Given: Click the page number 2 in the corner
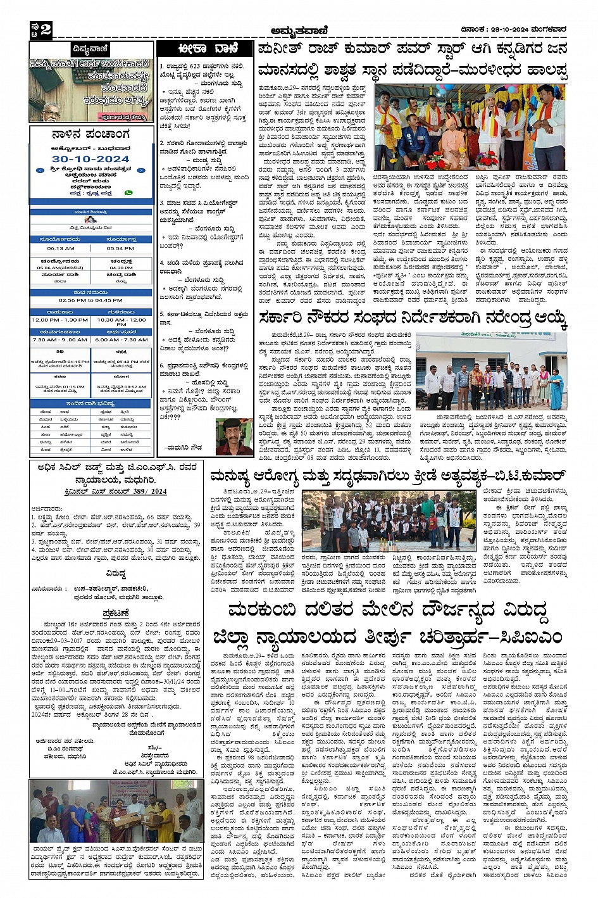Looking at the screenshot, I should (x=46, y=30).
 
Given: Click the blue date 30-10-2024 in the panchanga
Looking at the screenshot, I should (x=90, y=159).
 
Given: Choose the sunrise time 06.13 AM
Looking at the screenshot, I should (x=61, y=248).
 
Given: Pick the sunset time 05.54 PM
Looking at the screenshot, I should (x=120, y=248).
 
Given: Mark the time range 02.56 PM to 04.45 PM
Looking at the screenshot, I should (x=90, y=300).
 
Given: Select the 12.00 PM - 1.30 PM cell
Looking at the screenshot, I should (x=60, y=320).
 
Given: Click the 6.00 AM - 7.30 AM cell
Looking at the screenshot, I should (x=121, y=339).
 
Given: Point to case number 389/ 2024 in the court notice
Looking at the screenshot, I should (x=150, y=491).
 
